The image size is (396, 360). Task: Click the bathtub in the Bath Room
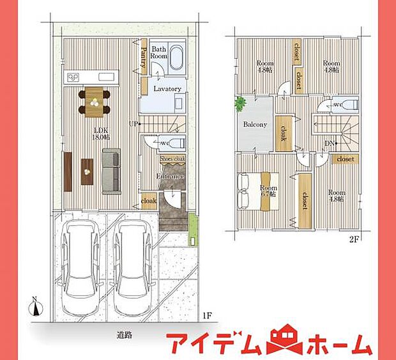177,56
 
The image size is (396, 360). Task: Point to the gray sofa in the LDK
111,171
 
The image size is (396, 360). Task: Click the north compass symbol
36,308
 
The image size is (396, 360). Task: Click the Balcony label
254,125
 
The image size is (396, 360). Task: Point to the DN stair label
328,144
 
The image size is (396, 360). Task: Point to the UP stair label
132,123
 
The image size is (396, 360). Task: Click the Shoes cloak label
172,159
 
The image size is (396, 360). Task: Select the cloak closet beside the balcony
283,132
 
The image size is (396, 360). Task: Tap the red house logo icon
281,343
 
